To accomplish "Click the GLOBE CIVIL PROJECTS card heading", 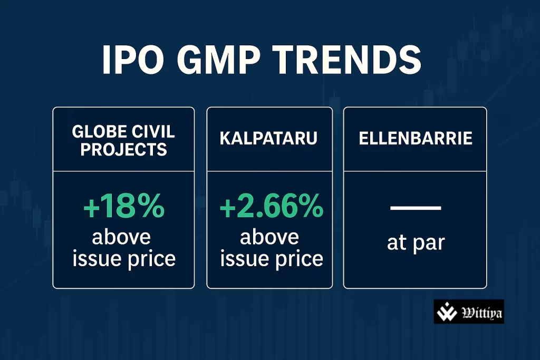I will click(x=123, y=140).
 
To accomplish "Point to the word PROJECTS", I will click(x=123, y=149).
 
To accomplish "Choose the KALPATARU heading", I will click(x=269, y=139).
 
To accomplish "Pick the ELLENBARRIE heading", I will click(x=415, y=139).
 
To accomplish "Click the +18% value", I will click(x=123, y=208).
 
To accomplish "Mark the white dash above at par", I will click(x=415, y=208).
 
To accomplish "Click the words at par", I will click(x=415, y=243).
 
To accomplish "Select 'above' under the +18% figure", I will click(x=122, y=237).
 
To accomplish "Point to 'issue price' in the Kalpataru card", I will click(x=271, y=259).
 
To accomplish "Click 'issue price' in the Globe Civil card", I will click(x=123, y=259).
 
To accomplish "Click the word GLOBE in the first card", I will click(x=93, y=132).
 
